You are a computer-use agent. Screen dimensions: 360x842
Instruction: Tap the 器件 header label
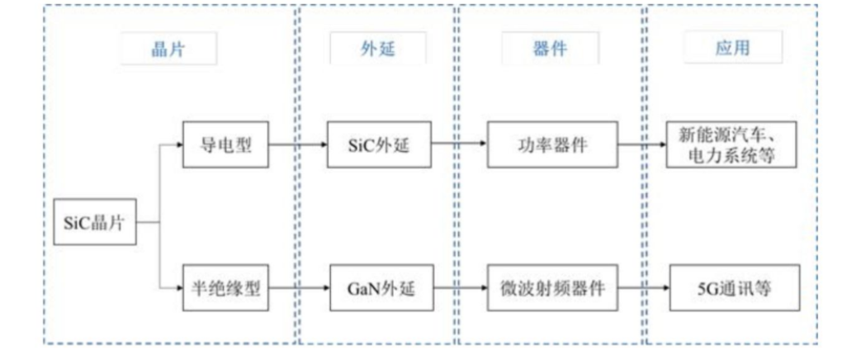[549, 50]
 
